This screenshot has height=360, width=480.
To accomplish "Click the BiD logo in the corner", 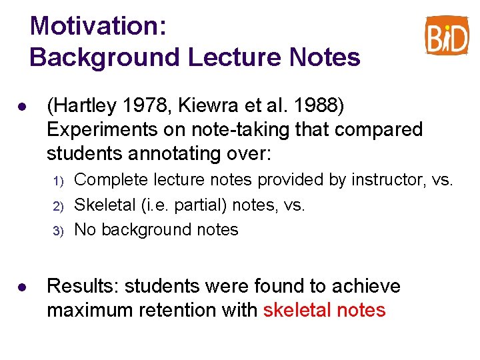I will (447, 35).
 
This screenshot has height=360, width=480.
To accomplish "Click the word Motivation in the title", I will (98, 27).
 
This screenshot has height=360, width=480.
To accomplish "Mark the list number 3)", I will (57, 231).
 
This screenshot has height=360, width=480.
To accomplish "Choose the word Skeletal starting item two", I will (107, 205).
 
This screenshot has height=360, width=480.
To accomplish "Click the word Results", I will (82, 287).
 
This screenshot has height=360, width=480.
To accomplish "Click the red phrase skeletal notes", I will (324, 311).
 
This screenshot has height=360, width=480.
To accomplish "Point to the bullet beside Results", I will (22, 287).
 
